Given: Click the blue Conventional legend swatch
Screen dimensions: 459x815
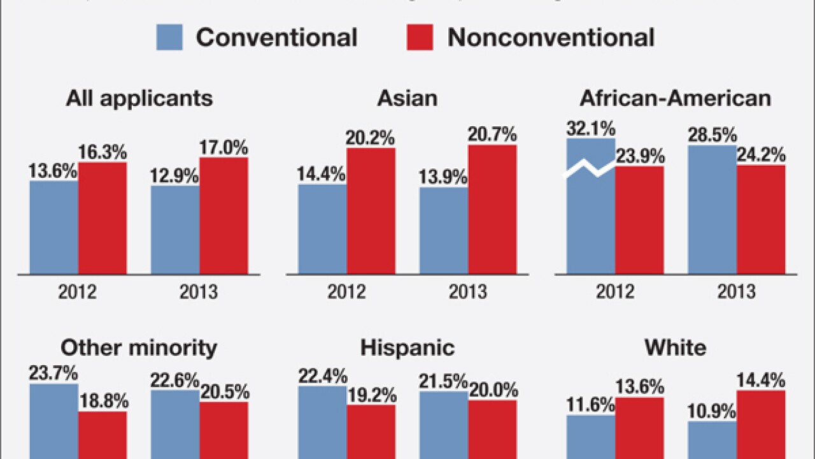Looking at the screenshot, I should [169, 38].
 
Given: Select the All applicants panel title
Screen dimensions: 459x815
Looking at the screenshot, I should [139, 99].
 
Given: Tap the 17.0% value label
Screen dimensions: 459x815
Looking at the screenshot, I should [223, 148].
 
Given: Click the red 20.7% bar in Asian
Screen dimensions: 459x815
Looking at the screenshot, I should [492, 210].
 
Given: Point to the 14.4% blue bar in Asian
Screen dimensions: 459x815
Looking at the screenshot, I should [322, 229].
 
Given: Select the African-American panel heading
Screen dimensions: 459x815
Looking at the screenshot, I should [675, 99].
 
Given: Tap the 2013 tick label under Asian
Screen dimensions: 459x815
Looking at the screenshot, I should [468, 293].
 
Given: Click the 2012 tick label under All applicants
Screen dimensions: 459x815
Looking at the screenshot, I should [78, 293].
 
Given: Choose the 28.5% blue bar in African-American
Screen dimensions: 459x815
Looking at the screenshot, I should [712, 210].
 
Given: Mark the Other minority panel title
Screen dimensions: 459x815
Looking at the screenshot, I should [139, 348].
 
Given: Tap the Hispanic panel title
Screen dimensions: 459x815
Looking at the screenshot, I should [407, 348].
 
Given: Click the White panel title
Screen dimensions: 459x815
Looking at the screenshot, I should [675, 348].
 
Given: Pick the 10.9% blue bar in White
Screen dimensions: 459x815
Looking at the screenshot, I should [712, 441].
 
